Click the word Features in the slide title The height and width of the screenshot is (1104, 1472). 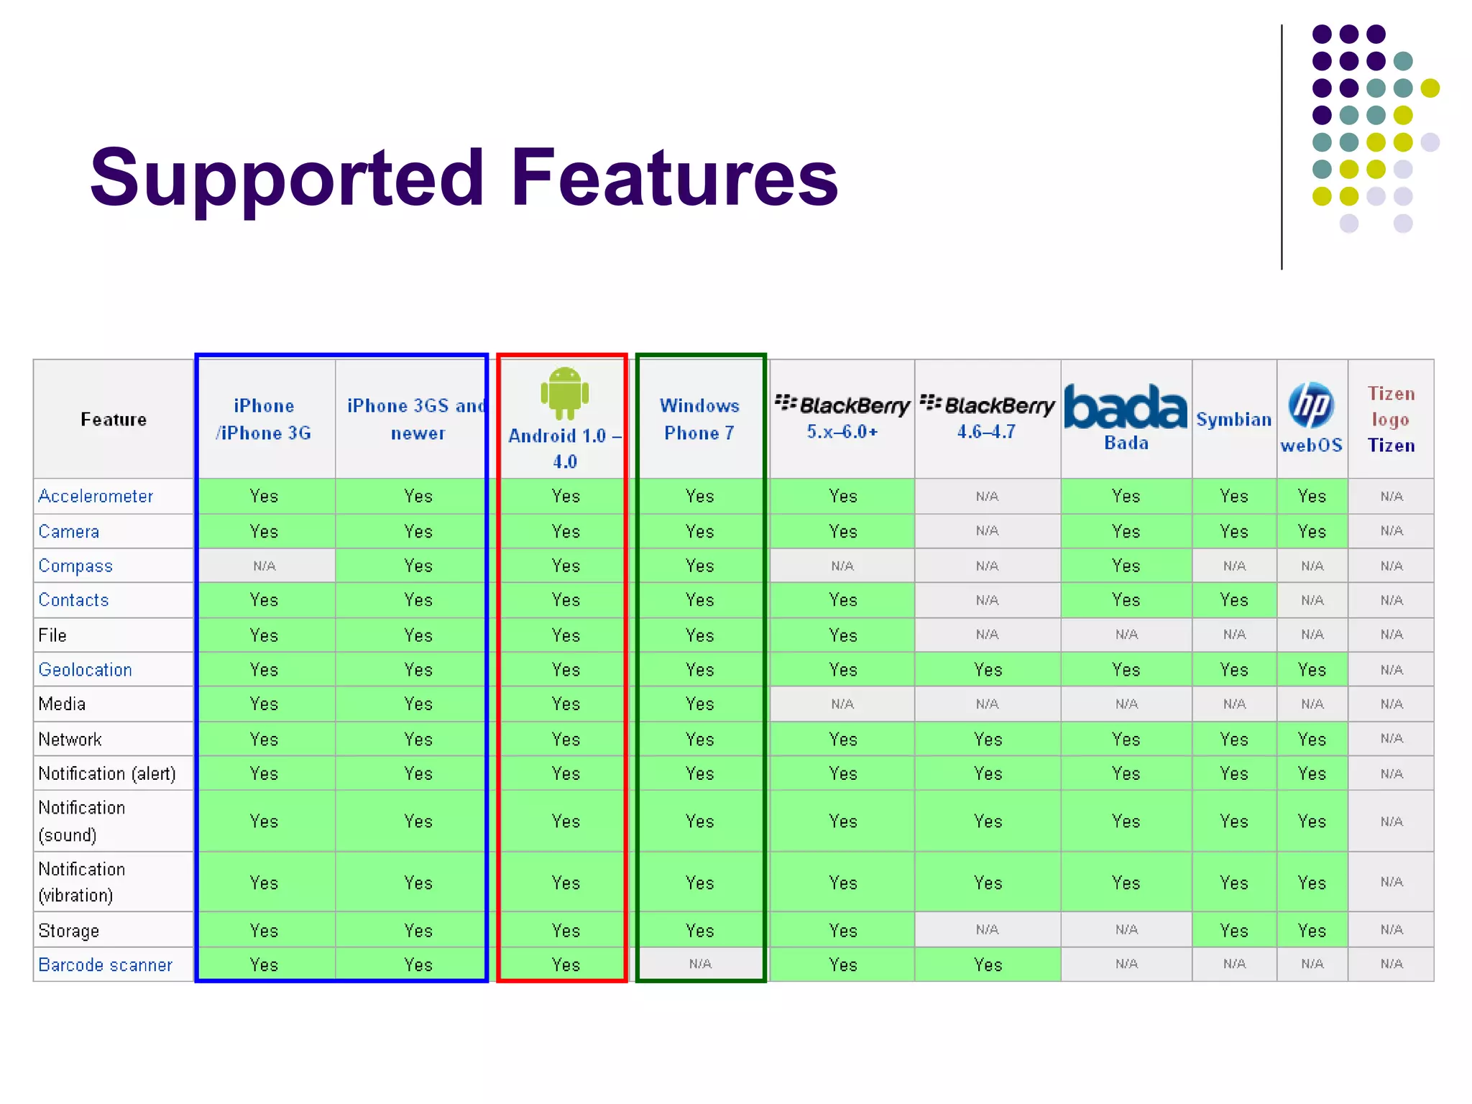pyautogui.click(x=674, y=177)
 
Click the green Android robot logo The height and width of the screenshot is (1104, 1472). pyautogui.click(x=565, y=392)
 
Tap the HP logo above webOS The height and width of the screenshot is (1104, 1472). pyautogui.click(x=1311, y=405)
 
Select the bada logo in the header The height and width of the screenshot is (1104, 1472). pyautogui.click(x=1125, y=407)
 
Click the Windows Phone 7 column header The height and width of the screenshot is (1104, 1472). pyautogui.click(x=699, y=419)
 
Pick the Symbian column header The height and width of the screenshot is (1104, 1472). pyautogui.click(x=1233, y=420)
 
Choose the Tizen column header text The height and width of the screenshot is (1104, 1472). pyautogui.click(x=1391, y=446)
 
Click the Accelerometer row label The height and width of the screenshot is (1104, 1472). pyautogui.click(x=96, y=497)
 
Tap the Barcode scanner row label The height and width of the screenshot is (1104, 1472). pyautogui.click(x=105, y=965)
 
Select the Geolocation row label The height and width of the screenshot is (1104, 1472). pyautogui.click(x=85, y=670)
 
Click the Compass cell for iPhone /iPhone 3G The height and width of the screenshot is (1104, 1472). pyautogui.click(x=264, y=566)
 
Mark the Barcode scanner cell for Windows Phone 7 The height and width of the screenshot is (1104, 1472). pyautogui.click(x=699, y=965)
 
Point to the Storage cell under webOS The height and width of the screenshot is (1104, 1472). pyautogui.click(x=1311, y=931)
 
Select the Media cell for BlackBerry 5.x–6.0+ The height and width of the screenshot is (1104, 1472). pyautogui.click(x=842, y=704)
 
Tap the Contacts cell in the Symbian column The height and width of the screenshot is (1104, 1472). pyautogui.click(x=1233, y=600)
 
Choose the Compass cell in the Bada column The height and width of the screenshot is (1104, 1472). pyautogui.click(x=1125, y=566)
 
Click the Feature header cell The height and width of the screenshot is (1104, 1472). pyautogui.click(x=114, y=420)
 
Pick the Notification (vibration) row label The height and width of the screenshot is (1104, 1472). pyautogui.click(x=81, y=882)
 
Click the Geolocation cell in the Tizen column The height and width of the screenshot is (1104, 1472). pyautogui.click(x=1391, y=670)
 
